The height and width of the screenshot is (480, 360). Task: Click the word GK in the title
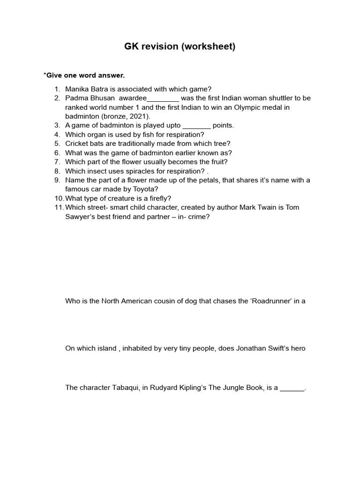[132, 47]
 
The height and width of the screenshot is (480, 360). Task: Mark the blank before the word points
[196, 126]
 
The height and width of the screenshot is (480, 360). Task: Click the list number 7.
[57, 162]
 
